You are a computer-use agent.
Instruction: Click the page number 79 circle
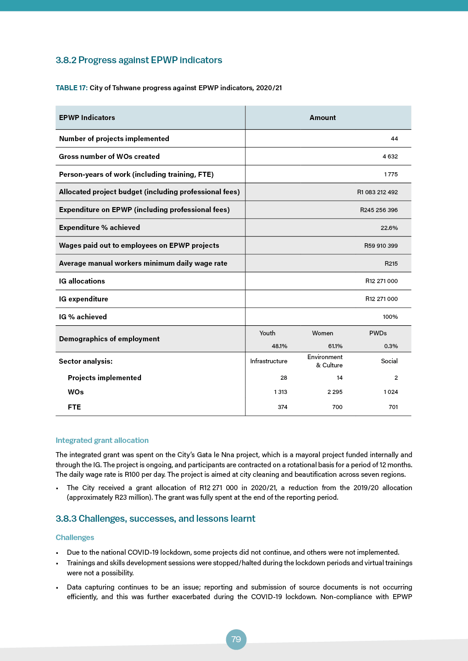(236, 639)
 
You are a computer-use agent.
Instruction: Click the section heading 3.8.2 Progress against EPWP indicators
(139, 60)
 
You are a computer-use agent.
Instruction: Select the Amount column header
(323, 118)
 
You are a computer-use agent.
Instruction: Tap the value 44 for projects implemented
(394, 139)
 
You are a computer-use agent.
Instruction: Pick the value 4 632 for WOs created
(390, 157)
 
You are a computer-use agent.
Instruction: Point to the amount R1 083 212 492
(377, 192)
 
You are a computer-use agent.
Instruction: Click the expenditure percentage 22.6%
(389, 228)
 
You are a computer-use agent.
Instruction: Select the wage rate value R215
(391, 264)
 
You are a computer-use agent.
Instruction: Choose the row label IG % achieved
(83, 317)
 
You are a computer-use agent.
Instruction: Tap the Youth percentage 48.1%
(279, 346)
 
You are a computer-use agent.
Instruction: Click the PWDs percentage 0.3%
(391, 346)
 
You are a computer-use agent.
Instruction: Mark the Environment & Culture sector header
(325, 361)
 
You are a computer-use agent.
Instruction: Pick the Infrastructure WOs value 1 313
(280, 392)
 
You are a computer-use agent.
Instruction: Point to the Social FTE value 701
(393, 407)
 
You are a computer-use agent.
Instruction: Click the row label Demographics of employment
(109, 339)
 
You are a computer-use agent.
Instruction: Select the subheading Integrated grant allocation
(102, 440)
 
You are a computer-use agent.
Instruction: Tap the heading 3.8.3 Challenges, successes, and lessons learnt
(155, 519)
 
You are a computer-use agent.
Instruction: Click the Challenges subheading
(75, 537)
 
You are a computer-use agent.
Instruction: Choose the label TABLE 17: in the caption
(72, 88)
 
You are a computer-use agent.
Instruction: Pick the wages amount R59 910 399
(381, 246)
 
